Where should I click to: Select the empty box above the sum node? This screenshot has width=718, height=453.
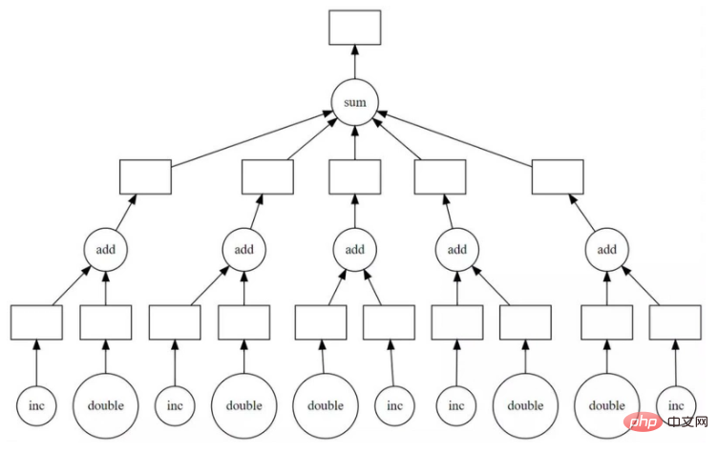pyautogui.click(x=355, y=27)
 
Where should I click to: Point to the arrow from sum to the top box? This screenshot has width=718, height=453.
pyautogui.click(x=355, y=62)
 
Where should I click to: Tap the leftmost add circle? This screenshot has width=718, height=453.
pyautogui.click(x=106, y=250)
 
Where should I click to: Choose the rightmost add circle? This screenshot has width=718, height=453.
pyautogui.click(x=607, y=250)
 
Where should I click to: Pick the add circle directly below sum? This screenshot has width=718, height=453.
pyautogui.click(x=355, y=250)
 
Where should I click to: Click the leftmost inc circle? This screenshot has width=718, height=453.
pyautogui.click(x=36, y=405)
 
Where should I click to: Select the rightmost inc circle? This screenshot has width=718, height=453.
pyautogui.click(x=676, y=405)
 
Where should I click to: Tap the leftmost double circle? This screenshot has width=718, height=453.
pyautogui.click(x=105, y=405)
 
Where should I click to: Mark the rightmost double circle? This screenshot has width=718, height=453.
pyautogui.click(x=606, y=405)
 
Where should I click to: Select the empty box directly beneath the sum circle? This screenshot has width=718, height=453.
pyautogui.click(x=355, y=177)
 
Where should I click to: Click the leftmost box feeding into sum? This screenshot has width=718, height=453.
pyautogui.click(x=145, y=177)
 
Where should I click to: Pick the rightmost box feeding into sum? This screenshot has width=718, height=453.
pyautogui.click(x=558, y=177)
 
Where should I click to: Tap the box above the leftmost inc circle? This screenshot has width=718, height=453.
pyautogui.click(x=36, y=323)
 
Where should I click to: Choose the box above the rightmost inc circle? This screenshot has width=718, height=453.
pyautogui.click(x=676, y=323)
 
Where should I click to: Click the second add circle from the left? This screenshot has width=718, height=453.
pyautogui.click(x=244, y=250)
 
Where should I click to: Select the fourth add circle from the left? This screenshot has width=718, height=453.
pyautogui.click(x=457, y=250)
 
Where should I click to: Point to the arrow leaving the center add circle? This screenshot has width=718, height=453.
pyautogui.click(x=355, y=212)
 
